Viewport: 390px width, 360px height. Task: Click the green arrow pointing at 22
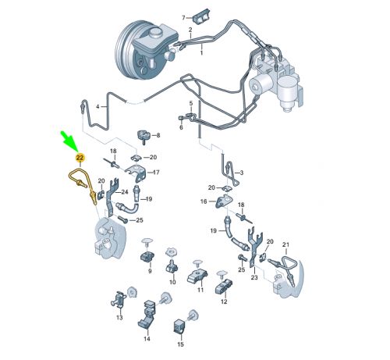(69, 141)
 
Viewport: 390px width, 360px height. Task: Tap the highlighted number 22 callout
(80, 158)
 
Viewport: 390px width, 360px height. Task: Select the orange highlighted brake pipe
(83, 185)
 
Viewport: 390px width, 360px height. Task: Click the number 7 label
(183, 18)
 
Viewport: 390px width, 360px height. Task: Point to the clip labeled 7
(201, 16)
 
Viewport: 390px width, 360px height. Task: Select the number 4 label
(97, 106)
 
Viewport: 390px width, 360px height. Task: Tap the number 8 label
(158, 135)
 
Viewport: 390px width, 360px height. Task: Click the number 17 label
(156, 173)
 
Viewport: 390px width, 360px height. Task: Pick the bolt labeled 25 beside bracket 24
(122, 219)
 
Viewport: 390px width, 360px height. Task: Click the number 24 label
(125, 192)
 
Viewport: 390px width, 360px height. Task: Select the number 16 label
(204, 201)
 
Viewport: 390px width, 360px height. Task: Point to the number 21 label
(285, 244)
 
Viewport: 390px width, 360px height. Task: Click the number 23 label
(254, 277)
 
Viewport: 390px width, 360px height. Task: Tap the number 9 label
(150, 271)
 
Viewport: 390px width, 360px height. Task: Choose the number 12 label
(224, 301)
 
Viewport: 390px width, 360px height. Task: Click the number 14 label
(147, 339)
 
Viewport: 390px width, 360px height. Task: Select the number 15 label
(180, 344)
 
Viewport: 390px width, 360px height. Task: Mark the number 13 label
(119, 318)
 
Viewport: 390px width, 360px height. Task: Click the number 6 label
(181, 127)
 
